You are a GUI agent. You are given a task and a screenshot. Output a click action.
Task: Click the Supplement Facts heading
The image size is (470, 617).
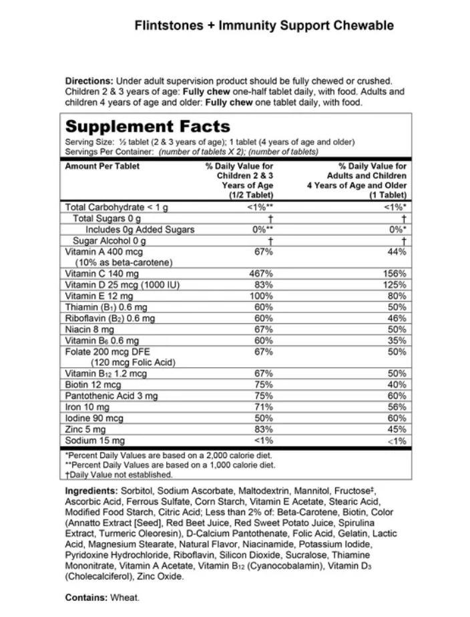(147, 126)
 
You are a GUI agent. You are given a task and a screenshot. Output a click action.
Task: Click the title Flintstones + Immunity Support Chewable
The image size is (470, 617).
(264, 26)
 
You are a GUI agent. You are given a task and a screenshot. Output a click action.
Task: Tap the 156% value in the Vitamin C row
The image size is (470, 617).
(395, 274)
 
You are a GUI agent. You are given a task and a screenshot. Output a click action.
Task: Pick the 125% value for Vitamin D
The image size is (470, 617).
(395, 285)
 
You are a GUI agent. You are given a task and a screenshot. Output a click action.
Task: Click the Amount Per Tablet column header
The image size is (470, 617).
(102, 166)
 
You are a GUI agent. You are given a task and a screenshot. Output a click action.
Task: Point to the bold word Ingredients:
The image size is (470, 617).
(90, 491)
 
